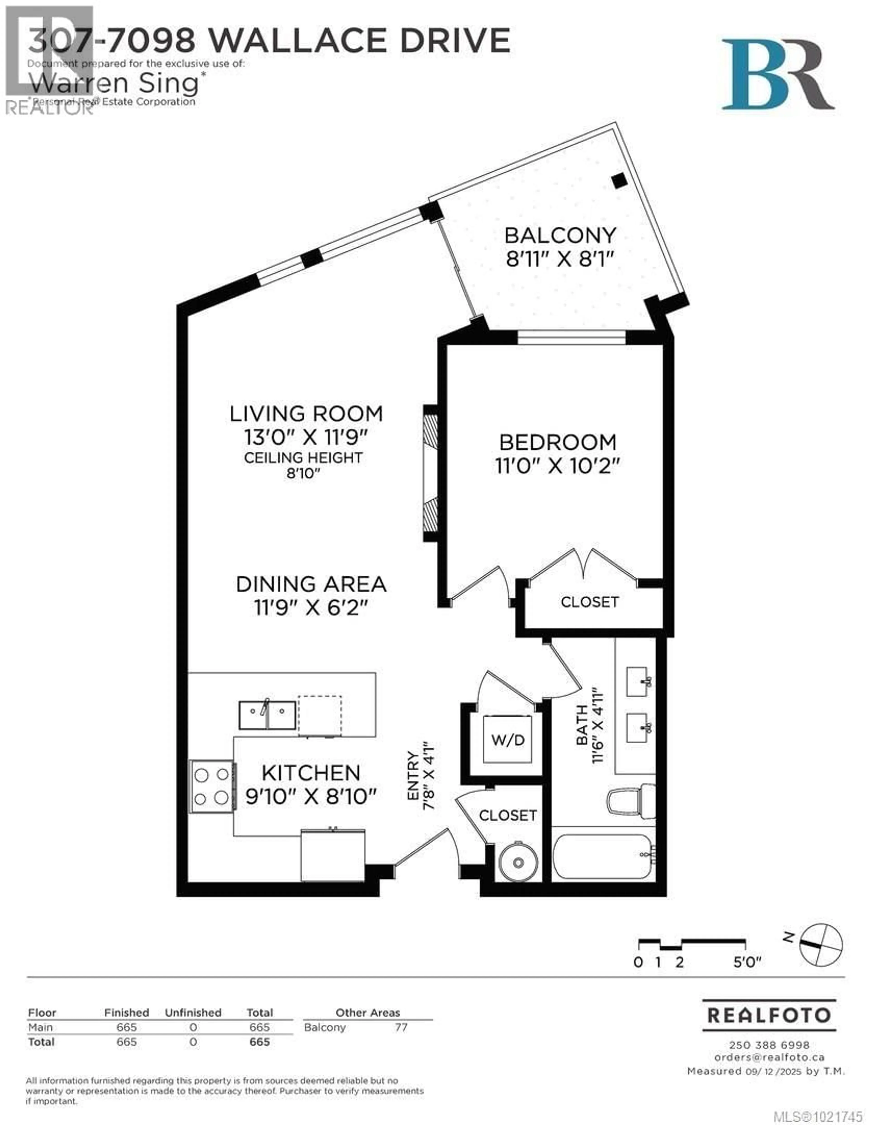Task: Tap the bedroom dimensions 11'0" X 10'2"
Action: (x=557, y=466)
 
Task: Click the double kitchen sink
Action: (x=267, y=715)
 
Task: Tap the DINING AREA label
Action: (x=311, y=584)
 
